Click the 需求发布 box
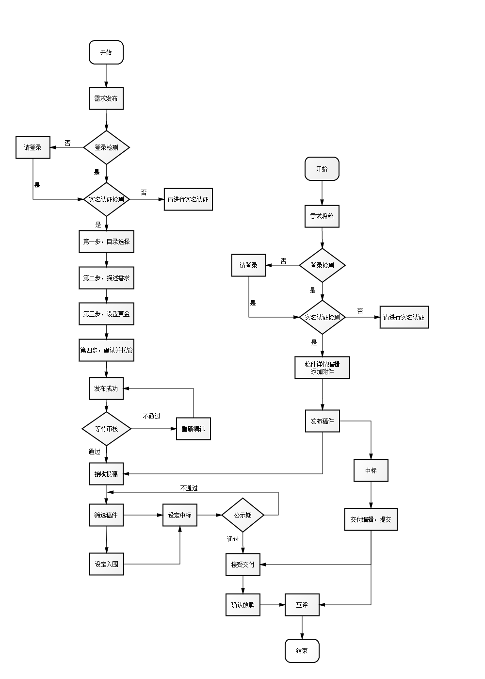(106, 98)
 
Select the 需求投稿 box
(322, 216)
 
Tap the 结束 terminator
(302, 651)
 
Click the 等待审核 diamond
(106, 429)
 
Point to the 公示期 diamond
(243, 515)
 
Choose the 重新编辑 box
(194, 429)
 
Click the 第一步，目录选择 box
(106, 242)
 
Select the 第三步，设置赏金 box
(106, 314)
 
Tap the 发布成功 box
(106, 388)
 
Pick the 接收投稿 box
(106, 474)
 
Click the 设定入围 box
(107, 564)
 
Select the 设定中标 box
(180, 515)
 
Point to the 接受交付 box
(243, 565)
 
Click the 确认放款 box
(243, 605)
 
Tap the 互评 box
(302, 605)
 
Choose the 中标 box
(371, 470)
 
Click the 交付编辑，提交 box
(371, 519)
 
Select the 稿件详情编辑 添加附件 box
(322, 368)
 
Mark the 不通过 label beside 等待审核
(151, 417)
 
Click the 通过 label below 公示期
(233, 539)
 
